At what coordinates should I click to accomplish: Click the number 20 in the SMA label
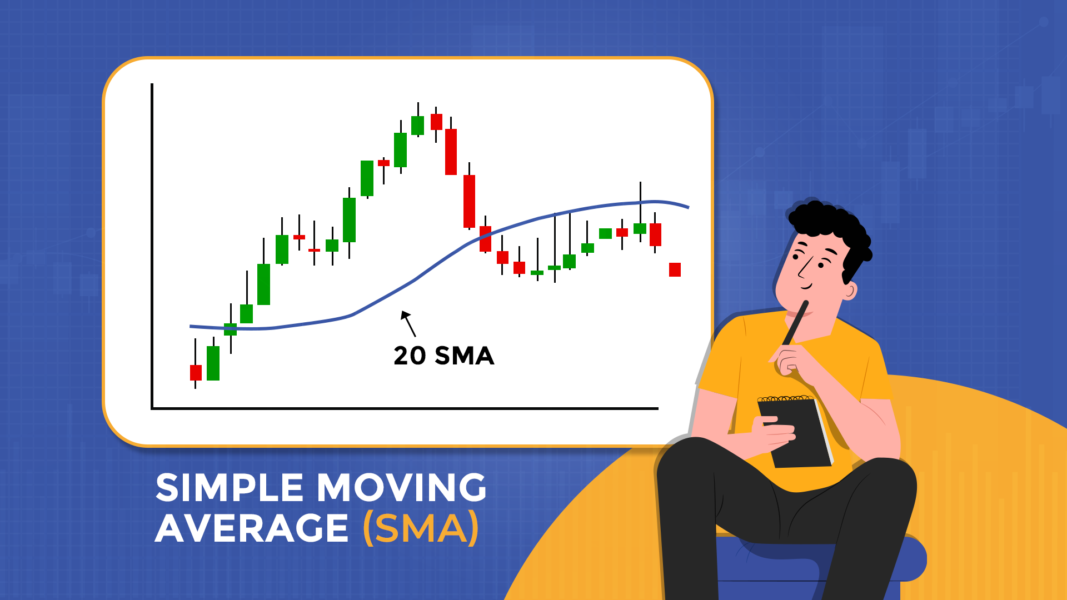410,356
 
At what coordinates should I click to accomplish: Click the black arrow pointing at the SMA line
408,323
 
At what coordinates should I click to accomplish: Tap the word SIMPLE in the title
230,488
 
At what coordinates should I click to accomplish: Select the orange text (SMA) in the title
420,528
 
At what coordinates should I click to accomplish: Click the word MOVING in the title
402,488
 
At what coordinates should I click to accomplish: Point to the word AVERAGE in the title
251,528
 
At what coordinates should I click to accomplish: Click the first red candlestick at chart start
196,372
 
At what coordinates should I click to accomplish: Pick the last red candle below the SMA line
675,269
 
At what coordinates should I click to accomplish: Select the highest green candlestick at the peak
417,125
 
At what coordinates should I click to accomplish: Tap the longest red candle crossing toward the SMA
470,201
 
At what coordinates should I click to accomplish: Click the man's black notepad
795,433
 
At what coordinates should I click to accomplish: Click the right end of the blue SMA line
687,207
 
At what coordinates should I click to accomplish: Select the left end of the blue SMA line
192,326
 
